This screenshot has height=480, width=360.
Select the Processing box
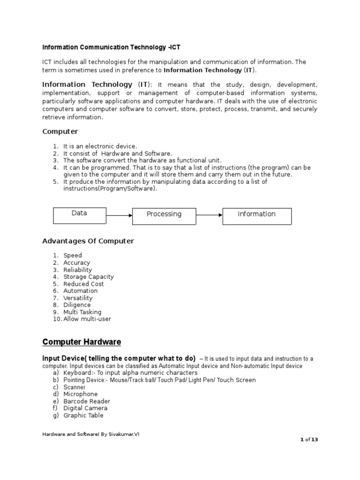(x=164, y=215)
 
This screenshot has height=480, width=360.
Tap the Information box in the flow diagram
(x=257, y=215)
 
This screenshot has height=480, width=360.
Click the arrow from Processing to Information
(x=209, y=216)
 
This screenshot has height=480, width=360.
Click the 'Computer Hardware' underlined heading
(x=82, y=342)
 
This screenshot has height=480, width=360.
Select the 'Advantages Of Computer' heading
(x=88, y=241)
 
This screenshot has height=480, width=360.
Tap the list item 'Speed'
(x=73, y=255)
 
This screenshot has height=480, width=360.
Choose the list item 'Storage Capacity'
(x=89, y=277)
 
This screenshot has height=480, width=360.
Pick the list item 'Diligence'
(x=77, y=305)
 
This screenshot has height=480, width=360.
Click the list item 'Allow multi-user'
(x=87, y=319)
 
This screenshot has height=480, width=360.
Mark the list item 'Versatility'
(x=78, y=298)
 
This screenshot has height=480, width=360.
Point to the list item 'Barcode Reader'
(x=87, y=401)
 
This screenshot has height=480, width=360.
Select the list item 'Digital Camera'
(x=85, y=408)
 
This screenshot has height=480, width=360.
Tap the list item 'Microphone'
(x=81, y=394)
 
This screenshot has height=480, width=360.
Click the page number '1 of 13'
(x=309, y=439)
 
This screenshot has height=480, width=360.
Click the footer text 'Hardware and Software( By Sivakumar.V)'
(x=91, y=434)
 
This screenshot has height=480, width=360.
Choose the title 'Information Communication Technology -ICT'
(x=111, y=47)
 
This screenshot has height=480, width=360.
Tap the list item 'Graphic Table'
(x=83, y=415)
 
